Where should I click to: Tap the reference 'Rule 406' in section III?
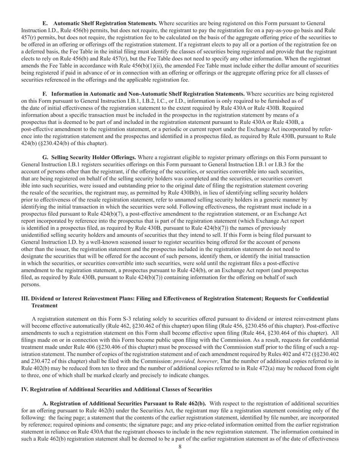[89, 347]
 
